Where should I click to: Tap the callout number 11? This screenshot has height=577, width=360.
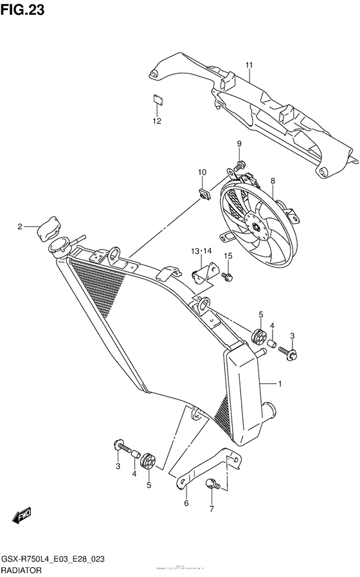[x=249, y=64]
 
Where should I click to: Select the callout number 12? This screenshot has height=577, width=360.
[x=156, y=120]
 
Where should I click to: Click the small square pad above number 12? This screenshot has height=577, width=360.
[x=156, y=98]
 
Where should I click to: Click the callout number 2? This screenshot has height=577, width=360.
[x=20, y=226]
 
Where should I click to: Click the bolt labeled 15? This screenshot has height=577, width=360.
[x=228, y=277]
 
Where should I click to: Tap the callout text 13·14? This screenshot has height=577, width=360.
[x=201, y=250]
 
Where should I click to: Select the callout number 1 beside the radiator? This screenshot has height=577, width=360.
[x=280, y=384]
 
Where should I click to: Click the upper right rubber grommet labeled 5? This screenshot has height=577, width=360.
[x=258, y=336]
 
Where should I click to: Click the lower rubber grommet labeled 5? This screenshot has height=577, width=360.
[x=148, y=459]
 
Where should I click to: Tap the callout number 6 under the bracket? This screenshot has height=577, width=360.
[x=186, y=504]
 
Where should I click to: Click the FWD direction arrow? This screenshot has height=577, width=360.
[x=22, y=515]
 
